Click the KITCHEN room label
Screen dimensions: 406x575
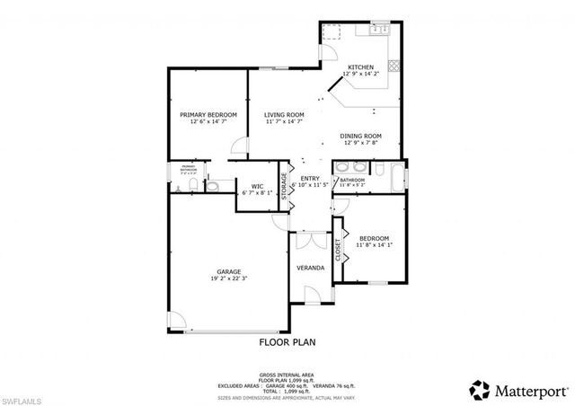[363, 67]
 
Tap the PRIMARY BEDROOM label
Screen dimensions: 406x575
[208, 115]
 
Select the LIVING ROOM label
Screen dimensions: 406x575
[284, 115]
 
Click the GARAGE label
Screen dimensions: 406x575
[227, 270]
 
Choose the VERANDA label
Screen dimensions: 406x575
[311, 268]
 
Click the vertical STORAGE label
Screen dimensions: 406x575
[285, 186]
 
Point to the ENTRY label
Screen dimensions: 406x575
[310, 179]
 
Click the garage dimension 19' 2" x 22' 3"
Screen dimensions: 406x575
[227, 278]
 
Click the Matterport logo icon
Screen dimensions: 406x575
[478, 388]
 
